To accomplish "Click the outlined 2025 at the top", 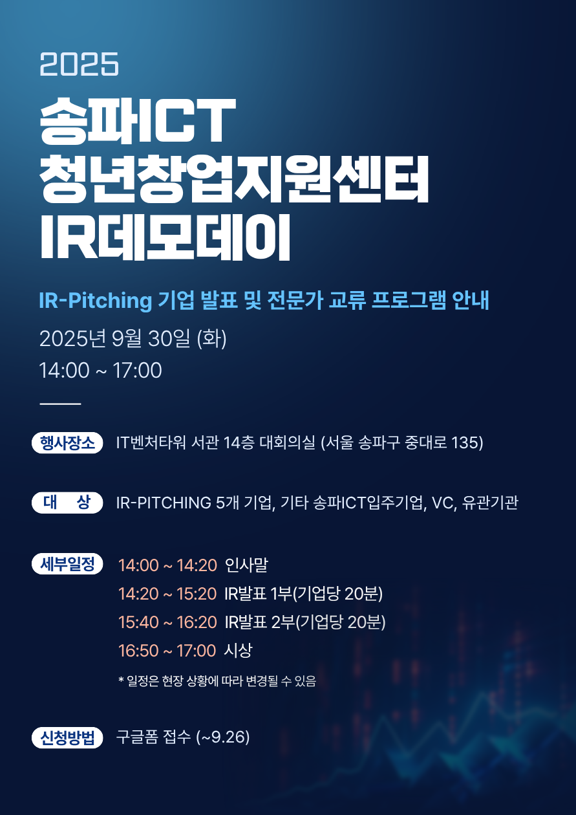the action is point(79,64).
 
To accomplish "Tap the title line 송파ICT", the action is point(138,121).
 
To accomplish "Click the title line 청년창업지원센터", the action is point(234,179).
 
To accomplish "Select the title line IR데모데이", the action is point(165,237).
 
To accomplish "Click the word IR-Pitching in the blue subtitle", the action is point(95,301).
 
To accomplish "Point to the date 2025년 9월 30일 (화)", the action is point(133,339).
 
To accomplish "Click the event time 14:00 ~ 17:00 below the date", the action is point(100,371).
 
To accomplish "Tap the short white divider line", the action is point(60,404).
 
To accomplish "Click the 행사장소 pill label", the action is point(67,443).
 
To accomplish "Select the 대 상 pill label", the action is point(67,503).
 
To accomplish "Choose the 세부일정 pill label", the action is point(67,563).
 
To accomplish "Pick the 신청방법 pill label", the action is point(67,737).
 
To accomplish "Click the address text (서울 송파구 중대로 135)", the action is point(402,443).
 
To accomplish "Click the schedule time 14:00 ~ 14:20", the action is point(167,565).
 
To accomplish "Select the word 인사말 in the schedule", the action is point(246,565).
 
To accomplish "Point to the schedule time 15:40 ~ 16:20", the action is point(167,622).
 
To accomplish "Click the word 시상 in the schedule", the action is point(238,650).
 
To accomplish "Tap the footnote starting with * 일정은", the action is point(217,680).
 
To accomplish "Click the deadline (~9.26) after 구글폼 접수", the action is point(223,737).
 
